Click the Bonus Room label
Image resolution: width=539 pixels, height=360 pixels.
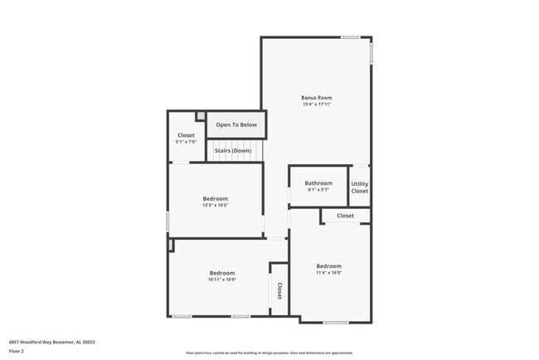click(x=316, y=97)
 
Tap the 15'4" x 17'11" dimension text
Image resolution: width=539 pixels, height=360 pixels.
click(x=316, y=105)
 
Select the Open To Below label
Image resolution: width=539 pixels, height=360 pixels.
click(x=236, y=125)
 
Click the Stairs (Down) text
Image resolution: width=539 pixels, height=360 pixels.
click(x=233, y=151)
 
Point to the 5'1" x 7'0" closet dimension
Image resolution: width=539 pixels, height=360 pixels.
click(x=186, y=142)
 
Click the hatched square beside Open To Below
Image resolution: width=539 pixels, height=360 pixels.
click(x=200, y=116)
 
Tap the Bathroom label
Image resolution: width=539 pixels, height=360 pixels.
click(x=318, y=183)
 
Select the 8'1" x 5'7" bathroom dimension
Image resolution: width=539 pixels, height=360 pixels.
click(x=318, y=190)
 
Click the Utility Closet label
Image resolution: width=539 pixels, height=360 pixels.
click(x=359, y=187)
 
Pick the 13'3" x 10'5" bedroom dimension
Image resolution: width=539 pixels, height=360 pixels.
click(x=216, y=205)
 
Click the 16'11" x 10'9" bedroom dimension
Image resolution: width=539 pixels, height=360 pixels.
click(x=221, y=280)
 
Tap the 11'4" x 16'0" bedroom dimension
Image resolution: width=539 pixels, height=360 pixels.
click(x=328, y=273)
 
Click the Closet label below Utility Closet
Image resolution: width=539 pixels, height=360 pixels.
click(x=345, y=216)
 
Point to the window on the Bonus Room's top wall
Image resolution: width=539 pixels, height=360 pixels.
click(x=350, y=37)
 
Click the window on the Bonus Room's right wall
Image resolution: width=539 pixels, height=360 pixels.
click(x=371, y=52)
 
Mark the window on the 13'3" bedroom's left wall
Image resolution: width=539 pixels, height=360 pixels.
click(x=168, y=221)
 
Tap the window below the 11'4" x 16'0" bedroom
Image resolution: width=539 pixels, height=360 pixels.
click(x=336, y=322)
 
